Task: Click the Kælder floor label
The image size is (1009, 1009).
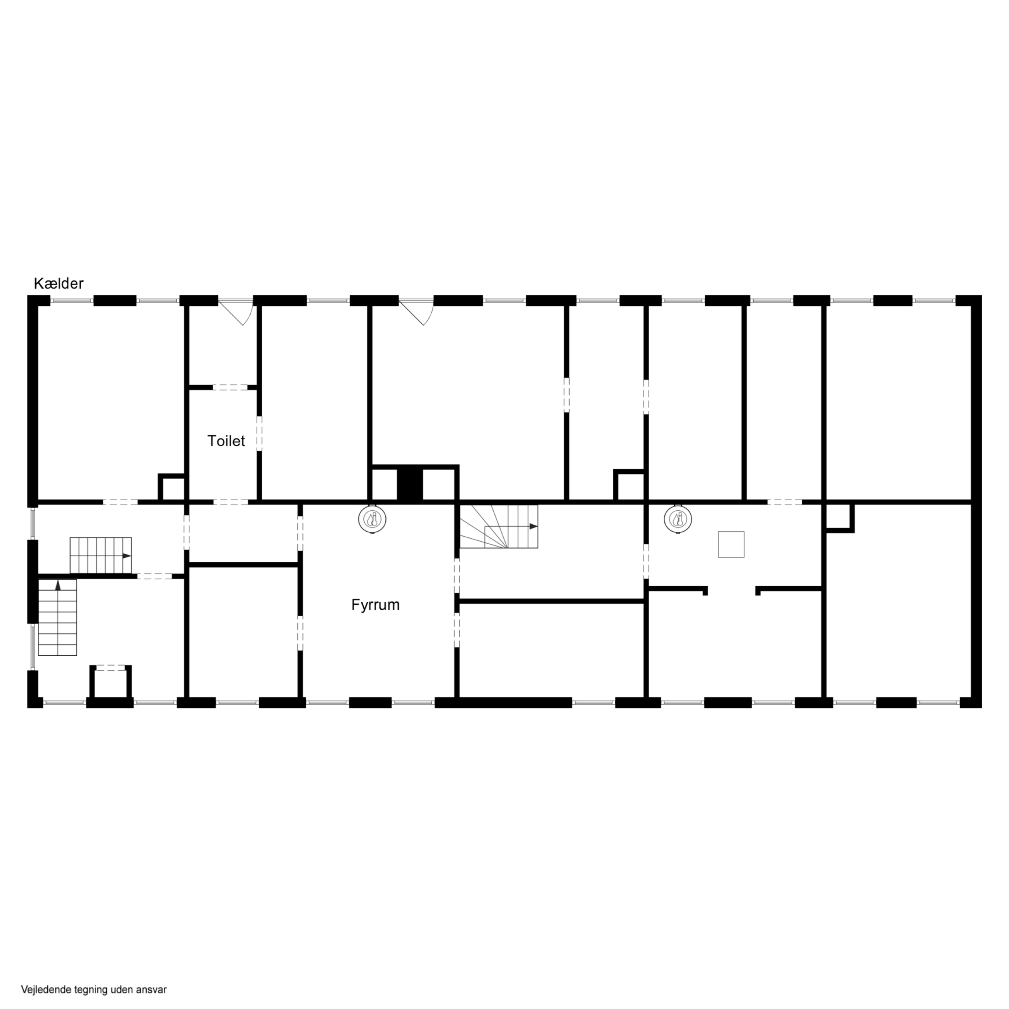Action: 59,284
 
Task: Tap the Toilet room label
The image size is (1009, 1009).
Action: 226,441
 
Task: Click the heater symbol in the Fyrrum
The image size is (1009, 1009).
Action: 373,520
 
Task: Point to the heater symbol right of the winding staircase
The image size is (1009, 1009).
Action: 678,520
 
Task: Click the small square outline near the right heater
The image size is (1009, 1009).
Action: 731,544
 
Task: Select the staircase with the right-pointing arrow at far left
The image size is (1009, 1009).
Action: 101,555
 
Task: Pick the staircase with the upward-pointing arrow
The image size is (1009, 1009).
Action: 57,617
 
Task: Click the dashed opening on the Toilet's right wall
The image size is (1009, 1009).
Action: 259,433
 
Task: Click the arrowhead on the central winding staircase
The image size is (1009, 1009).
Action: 533,527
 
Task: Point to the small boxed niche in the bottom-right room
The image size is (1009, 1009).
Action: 839,518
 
